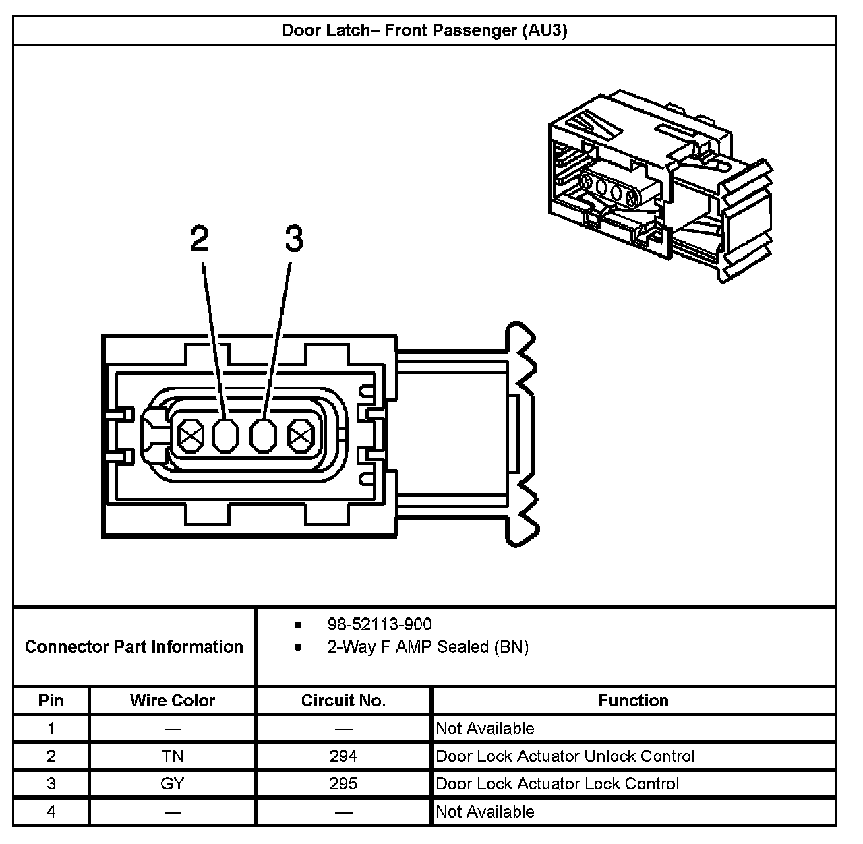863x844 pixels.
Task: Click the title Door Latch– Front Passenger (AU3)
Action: pos(424,31)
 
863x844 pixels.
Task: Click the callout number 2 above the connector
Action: pos(200,239)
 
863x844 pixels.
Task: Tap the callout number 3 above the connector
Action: pos(294,239)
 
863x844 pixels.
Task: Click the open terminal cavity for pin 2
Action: pos(226,437)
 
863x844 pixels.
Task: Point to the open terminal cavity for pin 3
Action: pos(263,437)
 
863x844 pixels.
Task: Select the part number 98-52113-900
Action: pos(380,624)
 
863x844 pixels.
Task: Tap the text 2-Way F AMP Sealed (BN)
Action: pos(427,647)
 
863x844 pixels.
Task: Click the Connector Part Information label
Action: pos(133,647)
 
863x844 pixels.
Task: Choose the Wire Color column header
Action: pos(173,701)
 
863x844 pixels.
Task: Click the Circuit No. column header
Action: pos(343,701)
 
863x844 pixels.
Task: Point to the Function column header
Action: pos(633,701)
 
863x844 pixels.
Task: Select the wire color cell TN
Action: pos(173,756)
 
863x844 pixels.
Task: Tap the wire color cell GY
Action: pos(173,784)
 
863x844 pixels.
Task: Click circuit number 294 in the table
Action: pos(343,756)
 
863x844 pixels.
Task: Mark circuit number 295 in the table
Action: pos(343,784)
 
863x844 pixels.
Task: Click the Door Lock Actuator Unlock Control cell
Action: pos(565,756)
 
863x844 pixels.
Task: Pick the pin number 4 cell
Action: pos(51,812)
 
